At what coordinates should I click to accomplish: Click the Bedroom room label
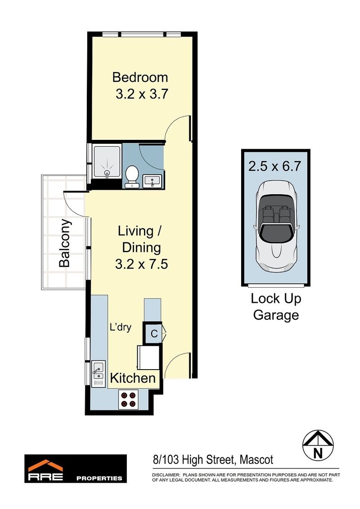tap(140, 77)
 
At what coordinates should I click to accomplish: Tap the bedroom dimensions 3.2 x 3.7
tap(142, 94)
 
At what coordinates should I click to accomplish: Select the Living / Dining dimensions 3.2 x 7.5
tap(141, 264)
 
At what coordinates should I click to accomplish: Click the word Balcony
tap(65, 243)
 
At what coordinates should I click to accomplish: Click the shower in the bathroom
tap(107, 162)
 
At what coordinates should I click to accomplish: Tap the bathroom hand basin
tap(153, 181)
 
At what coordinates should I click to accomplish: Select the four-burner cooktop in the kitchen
tap(128, 399)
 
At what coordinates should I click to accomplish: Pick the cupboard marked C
tap(153, 333)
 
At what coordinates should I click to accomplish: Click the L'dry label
tap(120, 327)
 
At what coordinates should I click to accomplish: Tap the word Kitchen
tap(133, 378)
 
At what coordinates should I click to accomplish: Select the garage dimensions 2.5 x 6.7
tap(275, 166)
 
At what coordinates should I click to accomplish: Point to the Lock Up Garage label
tap(276, 307)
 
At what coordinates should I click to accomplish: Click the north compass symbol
tap(318, 444)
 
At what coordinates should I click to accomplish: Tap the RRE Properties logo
tap(76, 468)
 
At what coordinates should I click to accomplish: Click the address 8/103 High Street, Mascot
tap(213, 460)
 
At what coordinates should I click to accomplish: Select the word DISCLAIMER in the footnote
tap(166, 474)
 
